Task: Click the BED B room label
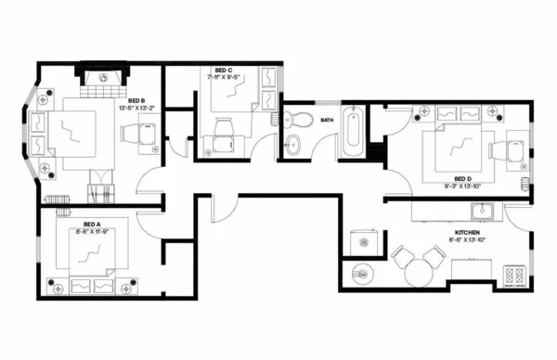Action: click(136, 100)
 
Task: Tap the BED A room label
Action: click(91, 224)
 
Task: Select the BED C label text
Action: click(223, 70)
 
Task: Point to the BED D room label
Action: click(463, 179)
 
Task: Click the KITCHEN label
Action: click(466, 233)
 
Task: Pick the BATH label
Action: click(327, 120)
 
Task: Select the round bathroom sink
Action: click(294, 144)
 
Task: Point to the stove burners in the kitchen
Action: click(513, 275)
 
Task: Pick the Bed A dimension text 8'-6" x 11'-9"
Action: click(91, 232)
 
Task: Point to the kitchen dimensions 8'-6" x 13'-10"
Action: click(466, 241)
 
